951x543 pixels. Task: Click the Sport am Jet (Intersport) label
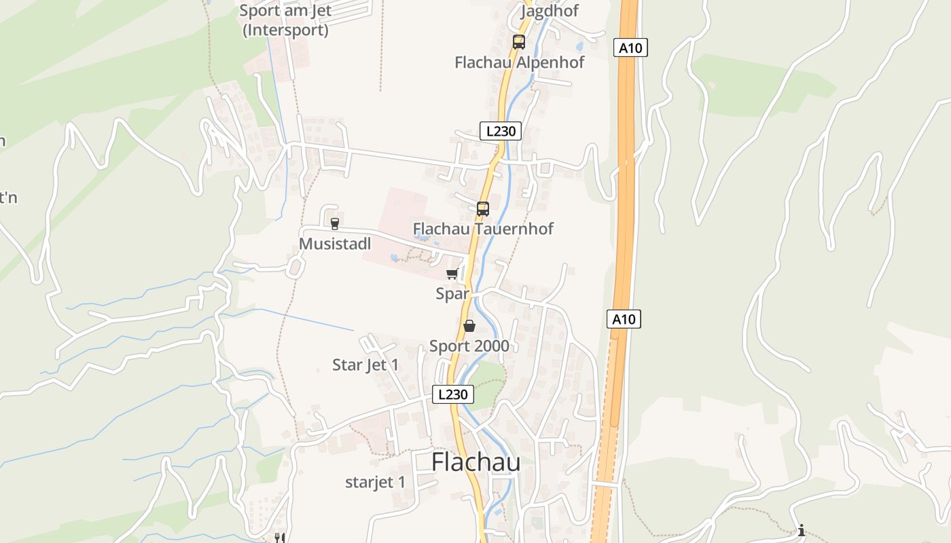tap(285, 21)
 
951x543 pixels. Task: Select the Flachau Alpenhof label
tap(519, 62)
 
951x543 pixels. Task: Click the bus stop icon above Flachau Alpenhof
tap(519, 42)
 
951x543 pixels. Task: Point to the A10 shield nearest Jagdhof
tap(630, 48)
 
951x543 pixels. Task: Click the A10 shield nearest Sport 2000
tap(624, 319)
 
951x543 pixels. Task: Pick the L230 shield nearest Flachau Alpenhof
tap(501, 131)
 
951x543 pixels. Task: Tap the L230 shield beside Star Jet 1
tap(453, 394)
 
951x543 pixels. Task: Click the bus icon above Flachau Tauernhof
tap(483, 209)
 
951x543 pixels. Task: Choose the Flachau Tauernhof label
tap(483, 229)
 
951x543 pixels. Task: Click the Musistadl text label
tap(335, 244)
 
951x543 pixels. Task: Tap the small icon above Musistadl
tap(334, 223)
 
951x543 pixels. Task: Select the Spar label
tap(452, 294)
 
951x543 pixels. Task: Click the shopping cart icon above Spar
tap(452, 274)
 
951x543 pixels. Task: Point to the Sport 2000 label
tap(469, 346)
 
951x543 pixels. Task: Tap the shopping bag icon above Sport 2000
tap(469, 326)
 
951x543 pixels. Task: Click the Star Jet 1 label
tap(365, 365)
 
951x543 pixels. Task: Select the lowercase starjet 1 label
tap(375, 483)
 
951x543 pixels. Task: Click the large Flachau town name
tap(476, 462)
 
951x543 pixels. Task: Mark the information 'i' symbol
tap(802, 530)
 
